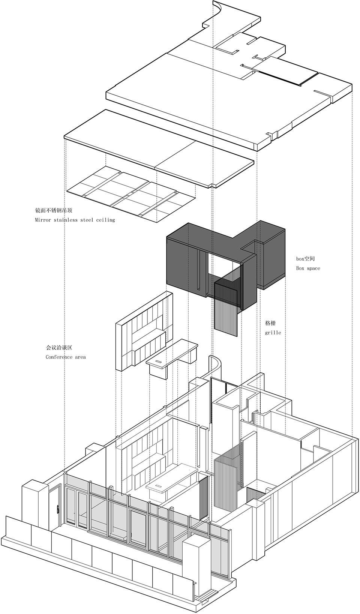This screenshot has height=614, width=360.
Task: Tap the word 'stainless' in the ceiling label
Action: coord(67,220)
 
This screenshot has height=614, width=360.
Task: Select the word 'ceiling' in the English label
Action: coord(105,220)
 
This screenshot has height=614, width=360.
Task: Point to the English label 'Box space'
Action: coord(308,268)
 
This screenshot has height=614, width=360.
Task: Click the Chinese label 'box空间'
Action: coord(305,259)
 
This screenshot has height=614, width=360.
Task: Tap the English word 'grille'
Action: coord(273,332)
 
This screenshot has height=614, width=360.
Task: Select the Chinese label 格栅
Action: coord(270,323)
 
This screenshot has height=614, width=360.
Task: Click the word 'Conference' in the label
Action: coord(59,357)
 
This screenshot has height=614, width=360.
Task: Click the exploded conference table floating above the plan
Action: coord(172,356)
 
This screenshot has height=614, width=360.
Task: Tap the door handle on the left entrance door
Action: coord(58,509)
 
